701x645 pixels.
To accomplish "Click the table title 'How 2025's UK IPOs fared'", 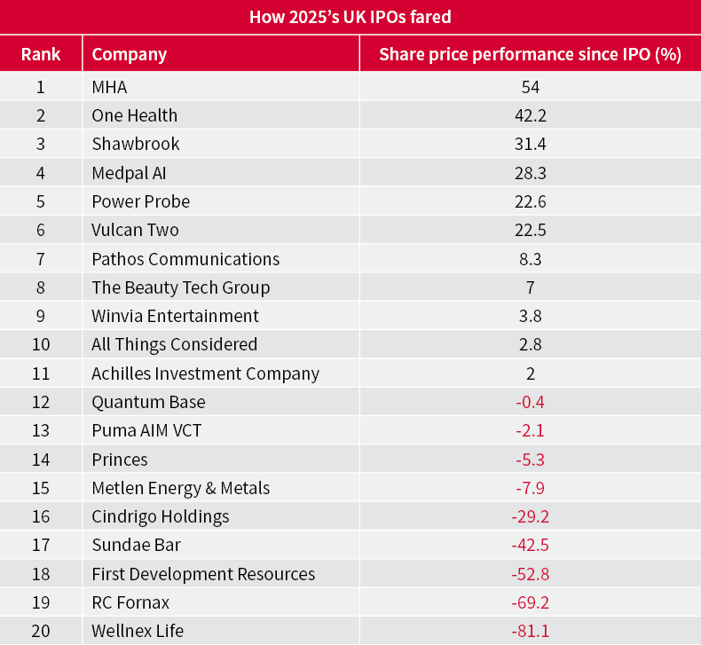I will point(350,17).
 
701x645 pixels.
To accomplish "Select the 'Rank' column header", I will point(41,54).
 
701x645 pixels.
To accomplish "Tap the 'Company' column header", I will point(130,54).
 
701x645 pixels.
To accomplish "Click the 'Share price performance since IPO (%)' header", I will point(530,54).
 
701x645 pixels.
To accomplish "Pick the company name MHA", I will point(110,87).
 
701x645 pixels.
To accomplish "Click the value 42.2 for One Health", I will point(531,115).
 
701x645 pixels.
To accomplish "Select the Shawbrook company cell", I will point(136,144).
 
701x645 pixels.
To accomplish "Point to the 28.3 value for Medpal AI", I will point(531,172).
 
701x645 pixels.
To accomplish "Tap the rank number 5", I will point(41,201).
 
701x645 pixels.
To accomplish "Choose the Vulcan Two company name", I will point(135,230).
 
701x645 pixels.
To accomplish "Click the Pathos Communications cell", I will point(185,259).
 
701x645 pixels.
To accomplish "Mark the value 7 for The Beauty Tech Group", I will point(531,287).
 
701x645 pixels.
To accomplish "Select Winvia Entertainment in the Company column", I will point(176,316).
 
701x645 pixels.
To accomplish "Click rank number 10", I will point(41,344).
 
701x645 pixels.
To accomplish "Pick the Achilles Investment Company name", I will point(205,374).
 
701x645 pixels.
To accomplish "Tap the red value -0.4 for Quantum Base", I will point(530,402).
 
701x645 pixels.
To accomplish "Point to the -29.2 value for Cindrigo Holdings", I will point(530,516).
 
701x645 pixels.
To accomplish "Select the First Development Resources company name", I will point(203,574).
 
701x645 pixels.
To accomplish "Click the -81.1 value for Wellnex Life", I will point(530,632).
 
